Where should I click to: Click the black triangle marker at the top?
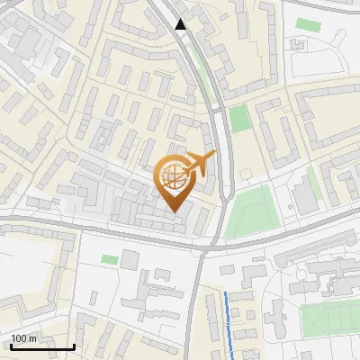(181, 24)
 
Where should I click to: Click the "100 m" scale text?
(23, 338)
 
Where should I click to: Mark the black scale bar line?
(41, 346)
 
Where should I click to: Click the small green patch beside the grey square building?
(110, 259)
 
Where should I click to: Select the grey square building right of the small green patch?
(130, 260)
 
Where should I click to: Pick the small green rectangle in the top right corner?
(309, 24)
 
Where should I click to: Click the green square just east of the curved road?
(238, 119)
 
